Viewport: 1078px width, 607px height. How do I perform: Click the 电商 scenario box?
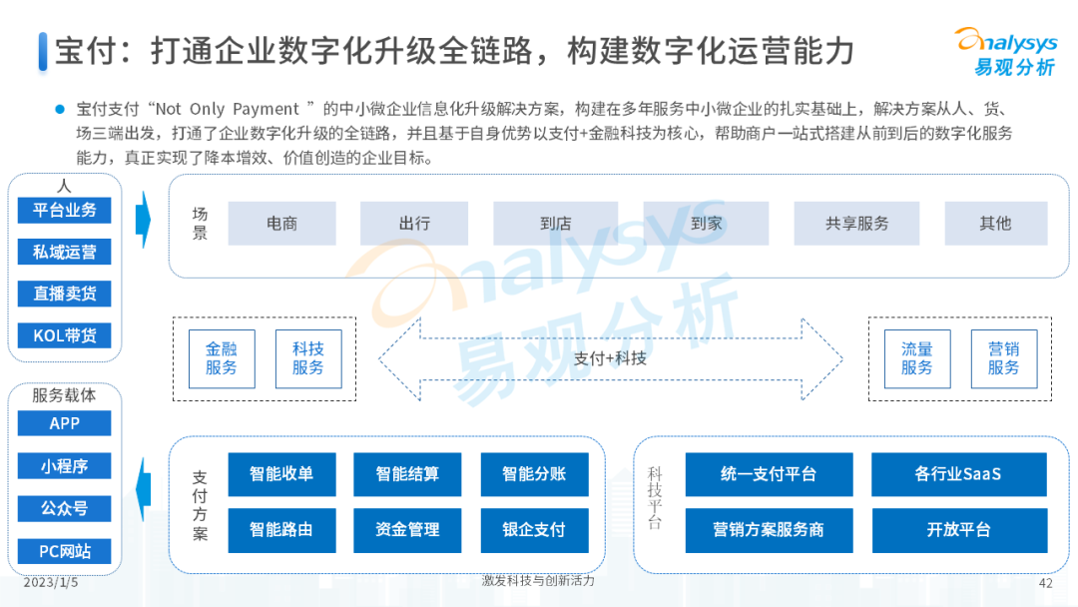tap(281, 224)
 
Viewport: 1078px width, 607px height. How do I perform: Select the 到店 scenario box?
tap(555, 224)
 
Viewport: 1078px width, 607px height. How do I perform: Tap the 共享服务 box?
tap(856, 224)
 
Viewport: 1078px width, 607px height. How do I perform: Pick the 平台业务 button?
tap(65, 211)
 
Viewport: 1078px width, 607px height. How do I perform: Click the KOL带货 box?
tap(65, 335)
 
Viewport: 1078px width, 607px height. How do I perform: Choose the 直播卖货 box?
tap(65, 294)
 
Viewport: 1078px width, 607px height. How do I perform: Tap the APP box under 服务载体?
tap(65, 423)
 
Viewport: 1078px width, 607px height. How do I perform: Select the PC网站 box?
tap(65, 551)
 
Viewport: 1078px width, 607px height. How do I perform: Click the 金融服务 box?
tap(222, 358)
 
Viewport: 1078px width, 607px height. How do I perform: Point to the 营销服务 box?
tap(1003, 358)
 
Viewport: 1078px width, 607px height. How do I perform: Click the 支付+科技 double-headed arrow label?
tap(610, 357)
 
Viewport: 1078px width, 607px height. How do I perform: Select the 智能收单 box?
tap(281, 474)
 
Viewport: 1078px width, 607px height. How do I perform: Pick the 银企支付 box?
tap(534, 529)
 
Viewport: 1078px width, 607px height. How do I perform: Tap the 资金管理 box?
tap(407, 529)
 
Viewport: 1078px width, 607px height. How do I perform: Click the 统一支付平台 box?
tap(769, 474)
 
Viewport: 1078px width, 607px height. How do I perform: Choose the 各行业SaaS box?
tap(958, 474)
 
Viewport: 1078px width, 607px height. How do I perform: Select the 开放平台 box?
tap(958, 529)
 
